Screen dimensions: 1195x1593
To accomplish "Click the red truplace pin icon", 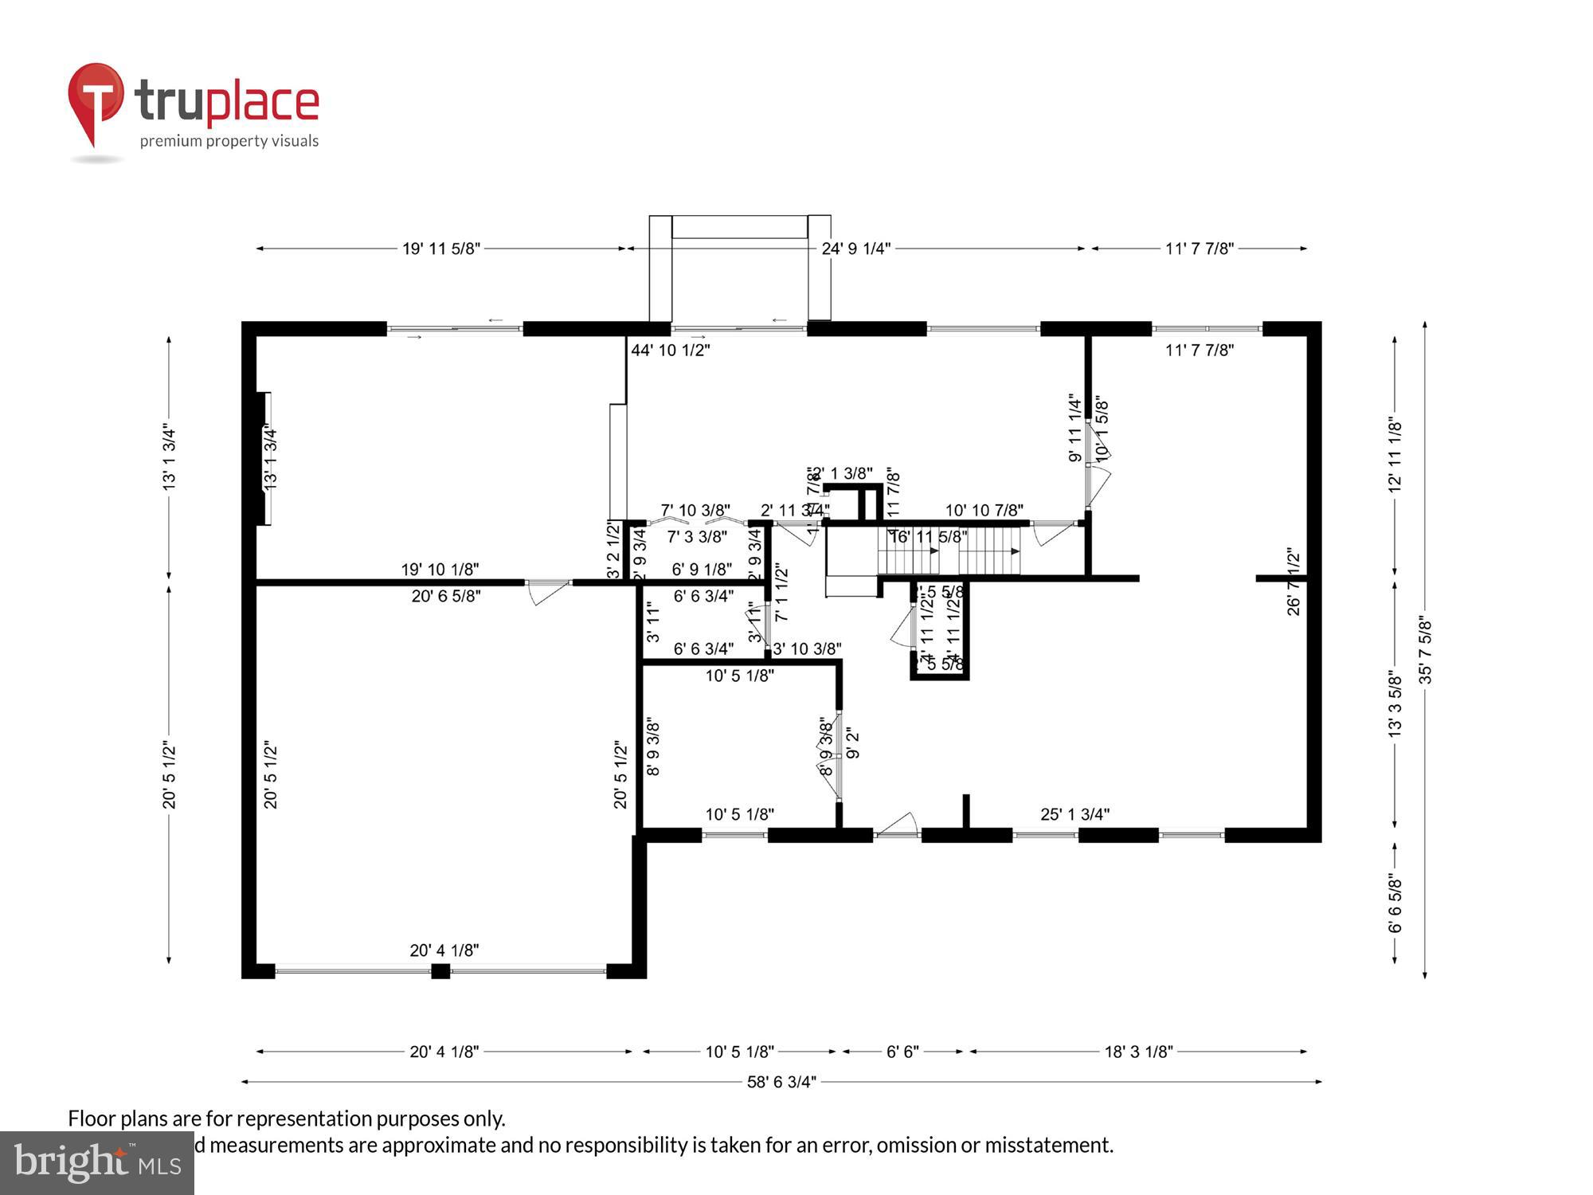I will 96,100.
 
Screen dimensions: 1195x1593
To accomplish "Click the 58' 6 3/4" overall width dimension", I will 781,1082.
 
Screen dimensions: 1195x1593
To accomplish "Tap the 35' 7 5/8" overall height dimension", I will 1425,652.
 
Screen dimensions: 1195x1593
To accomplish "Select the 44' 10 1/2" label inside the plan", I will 670,350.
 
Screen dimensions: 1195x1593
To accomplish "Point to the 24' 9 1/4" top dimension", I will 855,249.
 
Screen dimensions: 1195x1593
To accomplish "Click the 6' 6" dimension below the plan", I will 902,1052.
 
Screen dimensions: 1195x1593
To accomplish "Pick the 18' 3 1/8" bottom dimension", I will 1138,1052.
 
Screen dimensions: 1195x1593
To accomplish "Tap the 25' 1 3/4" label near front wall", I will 1074,814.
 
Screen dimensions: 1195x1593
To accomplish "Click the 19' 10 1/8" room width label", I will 440,569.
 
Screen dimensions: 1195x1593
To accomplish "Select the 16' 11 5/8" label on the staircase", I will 928,537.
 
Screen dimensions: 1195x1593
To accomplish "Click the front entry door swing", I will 898,825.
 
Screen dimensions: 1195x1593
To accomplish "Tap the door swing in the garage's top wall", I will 548,592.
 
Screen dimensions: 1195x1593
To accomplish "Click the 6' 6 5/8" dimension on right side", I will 1395,904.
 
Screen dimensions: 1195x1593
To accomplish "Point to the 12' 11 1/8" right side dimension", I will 1395,454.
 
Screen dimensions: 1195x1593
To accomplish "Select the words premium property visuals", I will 229,141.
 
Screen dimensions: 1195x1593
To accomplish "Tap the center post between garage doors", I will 440,971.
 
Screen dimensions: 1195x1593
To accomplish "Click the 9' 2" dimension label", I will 853,742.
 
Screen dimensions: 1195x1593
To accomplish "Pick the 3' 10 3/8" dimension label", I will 807,648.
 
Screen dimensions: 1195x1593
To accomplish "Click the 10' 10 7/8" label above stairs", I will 984,510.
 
